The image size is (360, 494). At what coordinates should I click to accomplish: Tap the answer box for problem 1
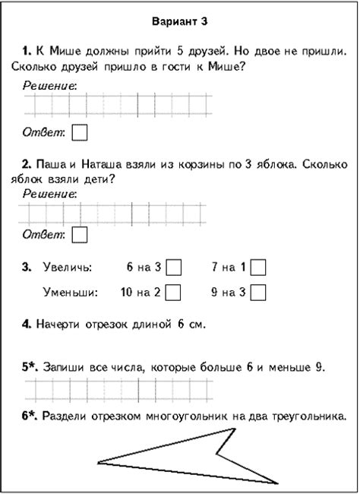(x=79, y=132)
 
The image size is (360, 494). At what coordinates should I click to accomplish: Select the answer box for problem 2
(x=80, y=234)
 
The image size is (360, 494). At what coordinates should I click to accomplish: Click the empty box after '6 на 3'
(x=174, y=268)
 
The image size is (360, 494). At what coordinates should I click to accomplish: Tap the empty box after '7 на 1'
(x=258, y=268)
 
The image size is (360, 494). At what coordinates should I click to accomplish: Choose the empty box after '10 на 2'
(x=173, y=292)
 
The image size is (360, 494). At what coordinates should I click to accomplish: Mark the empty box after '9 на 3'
(x=258, y=292)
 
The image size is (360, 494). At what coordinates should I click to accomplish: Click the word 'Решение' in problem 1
(x=49, y=86)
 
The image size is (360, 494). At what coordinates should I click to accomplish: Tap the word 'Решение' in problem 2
(x=49, y=193)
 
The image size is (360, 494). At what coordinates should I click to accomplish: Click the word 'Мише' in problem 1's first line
(x=60, y=51)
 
